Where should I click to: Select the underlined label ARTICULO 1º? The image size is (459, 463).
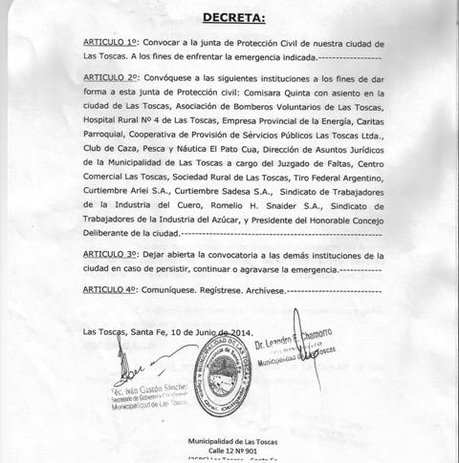112,44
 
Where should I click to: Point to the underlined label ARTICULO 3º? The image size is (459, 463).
112,255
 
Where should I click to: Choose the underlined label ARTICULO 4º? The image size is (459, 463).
112,286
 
